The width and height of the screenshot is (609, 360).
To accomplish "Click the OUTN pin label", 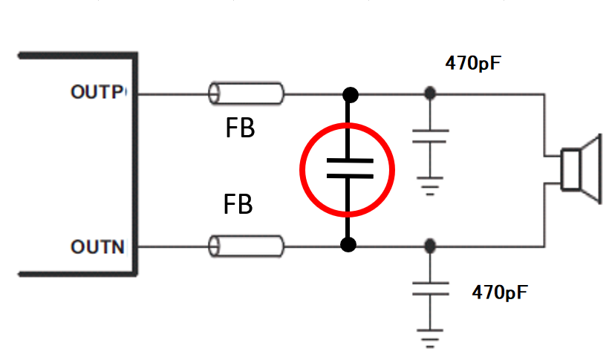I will click(x=97, y=246).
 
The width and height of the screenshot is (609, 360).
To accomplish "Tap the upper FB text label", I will click(x=239, y=129).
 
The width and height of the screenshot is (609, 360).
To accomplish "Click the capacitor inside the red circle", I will click(x=347, y=168).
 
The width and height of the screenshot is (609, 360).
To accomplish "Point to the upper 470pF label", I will click(x=473, y=63).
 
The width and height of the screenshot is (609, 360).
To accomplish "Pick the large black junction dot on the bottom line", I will click(x=348, y=244).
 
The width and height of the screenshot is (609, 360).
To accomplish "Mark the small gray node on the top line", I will click(x=429, y=94).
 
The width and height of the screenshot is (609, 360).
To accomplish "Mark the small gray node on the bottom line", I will click(x=429, y=245).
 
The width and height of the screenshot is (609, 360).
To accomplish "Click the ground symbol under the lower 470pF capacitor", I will click(x=429, y=338).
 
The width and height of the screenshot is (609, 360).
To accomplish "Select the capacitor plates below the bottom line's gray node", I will click(x=429, y=288).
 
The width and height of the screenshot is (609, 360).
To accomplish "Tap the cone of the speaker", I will click(x=590, y=169).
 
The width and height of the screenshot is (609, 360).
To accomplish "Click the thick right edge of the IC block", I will click(x=136, y=163).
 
